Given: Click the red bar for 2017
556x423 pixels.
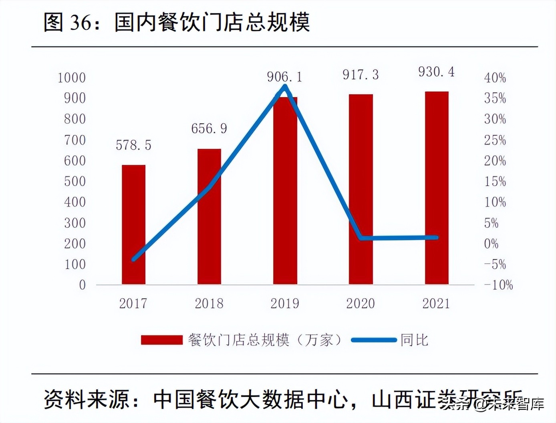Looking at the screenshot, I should [133, 225].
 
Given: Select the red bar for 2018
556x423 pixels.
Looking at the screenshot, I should [209, 217].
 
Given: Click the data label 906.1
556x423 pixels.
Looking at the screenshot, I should [284, 77].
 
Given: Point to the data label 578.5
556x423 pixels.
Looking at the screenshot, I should [133, 145].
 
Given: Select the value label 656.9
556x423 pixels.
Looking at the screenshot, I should [209, 128].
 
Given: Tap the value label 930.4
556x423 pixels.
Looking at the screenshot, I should [436, 72].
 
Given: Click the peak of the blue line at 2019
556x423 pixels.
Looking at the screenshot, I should [285, 86].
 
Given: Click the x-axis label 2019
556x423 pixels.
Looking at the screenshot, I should [284, 303].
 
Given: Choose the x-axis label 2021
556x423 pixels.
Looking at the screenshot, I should [436, 303].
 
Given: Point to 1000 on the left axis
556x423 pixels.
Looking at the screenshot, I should [72, 77].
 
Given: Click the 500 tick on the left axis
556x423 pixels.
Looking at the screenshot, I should [75, 181].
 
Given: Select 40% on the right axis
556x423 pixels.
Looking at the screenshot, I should [495, 77].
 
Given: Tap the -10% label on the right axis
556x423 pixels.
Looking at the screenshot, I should [498, 285].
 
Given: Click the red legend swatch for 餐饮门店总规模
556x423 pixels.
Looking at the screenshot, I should [161, 340].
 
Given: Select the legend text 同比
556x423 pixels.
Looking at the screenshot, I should [414, 340].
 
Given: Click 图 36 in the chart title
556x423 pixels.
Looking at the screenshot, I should [68, 22].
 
